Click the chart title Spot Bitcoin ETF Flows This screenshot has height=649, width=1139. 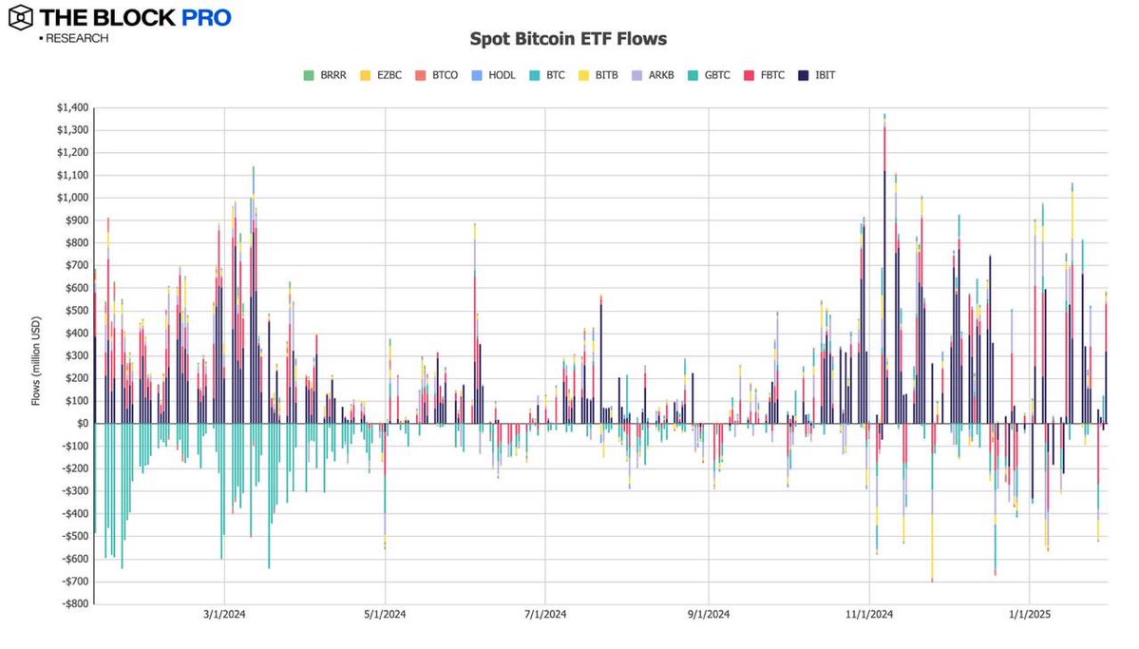(x=568, y=39)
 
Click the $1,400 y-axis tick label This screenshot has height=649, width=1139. (x=71, y=107)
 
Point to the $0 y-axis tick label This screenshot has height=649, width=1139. (x=82, y=423)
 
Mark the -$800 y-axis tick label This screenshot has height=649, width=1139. (x=74, y=603)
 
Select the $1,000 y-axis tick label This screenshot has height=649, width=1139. (x=71, y=198)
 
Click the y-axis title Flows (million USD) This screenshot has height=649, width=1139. (x=37, y=355)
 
